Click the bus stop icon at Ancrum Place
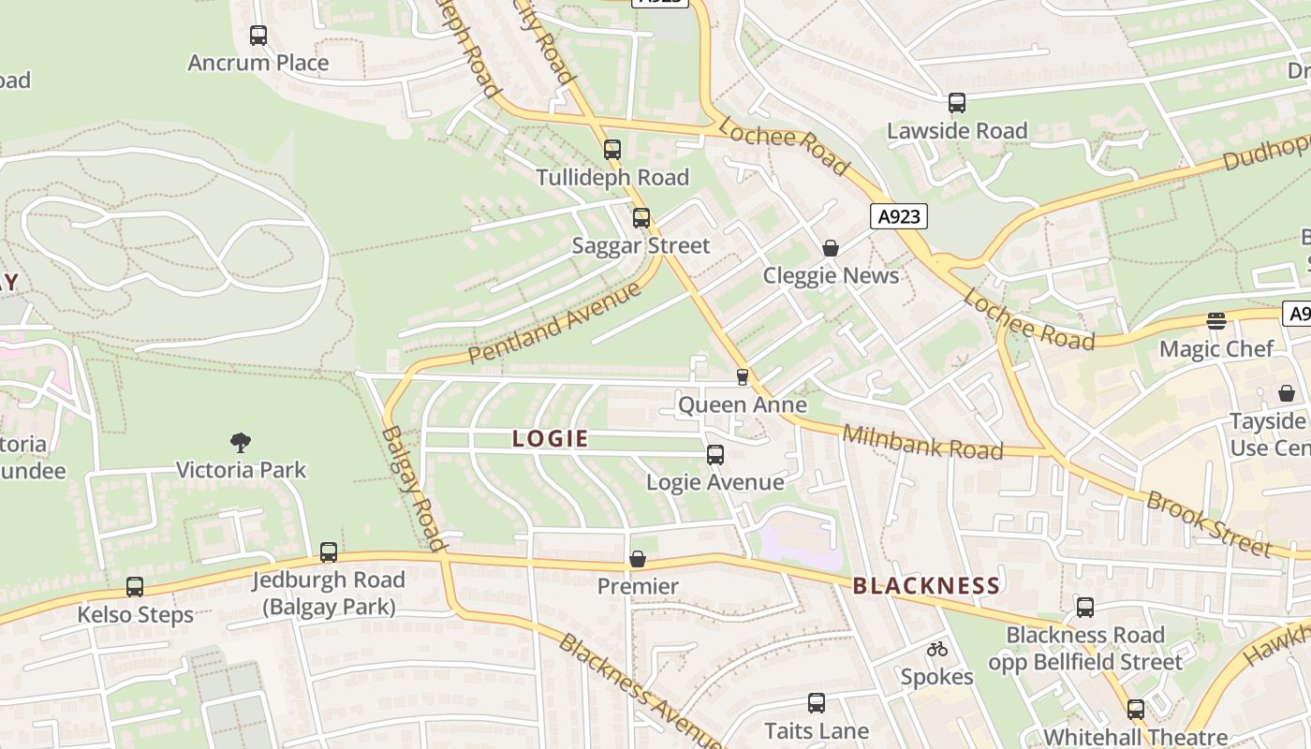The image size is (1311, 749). [x=258, y=36]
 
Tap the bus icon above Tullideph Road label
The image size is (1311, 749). [x=612, y=150]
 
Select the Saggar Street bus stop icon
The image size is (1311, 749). [x=641, y=218]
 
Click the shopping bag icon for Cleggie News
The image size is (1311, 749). [x=831, y=248]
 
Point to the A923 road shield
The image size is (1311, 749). [x=898, y=217]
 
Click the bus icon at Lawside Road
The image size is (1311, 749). [x=956, y=103]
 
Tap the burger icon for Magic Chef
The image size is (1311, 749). [x=1216, y=321]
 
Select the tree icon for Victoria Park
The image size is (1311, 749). [x=241, y=442]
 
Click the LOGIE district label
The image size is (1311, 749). [x=551, y=438]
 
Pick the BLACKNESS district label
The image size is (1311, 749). [x=926, y=586]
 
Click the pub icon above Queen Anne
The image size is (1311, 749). [x=743, y=376]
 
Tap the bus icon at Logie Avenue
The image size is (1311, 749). [x=715, y=455]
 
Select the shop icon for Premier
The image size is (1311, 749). [x=638, y=559]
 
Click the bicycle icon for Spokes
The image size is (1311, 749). [x=937, y=649]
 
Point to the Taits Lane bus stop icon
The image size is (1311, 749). [x=817, y=703]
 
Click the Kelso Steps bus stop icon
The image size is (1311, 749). [x=135, y=587]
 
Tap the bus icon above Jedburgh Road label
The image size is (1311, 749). [x=329, y=552]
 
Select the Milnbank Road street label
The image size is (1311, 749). [x=922, y=442]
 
